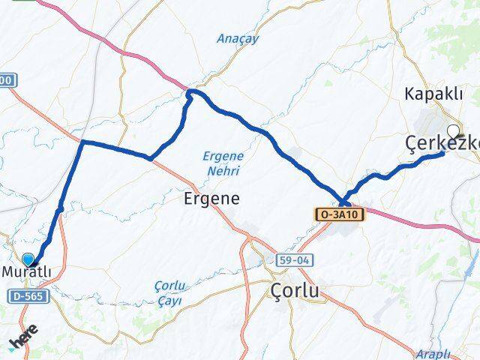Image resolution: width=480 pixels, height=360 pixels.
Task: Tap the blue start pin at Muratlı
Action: click(28, 259)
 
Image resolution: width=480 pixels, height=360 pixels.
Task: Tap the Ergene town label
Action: click(212, 199)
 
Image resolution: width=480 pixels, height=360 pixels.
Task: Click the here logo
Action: click(22, 342)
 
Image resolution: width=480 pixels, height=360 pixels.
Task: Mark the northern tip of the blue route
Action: click(191, 91)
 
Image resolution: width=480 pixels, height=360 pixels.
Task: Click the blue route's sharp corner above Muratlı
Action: click(82, 142)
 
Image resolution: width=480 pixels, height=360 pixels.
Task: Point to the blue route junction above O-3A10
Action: click(343, 200)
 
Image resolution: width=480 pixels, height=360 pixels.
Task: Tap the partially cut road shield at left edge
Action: click(6, 79)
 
